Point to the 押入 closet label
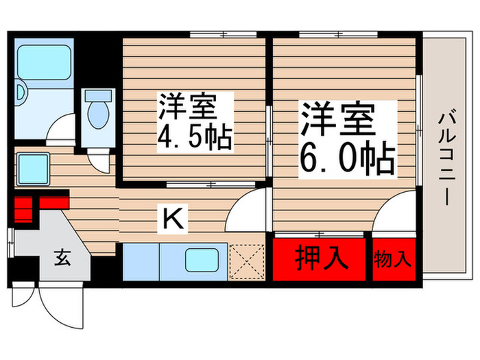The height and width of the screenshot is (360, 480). [x=320, y=259]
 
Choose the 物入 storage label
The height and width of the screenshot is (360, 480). [x=393, y=259]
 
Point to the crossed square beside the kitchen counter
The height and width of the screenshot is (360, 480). [x=247, y=261]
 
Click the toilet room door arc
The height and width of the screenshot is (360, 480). [x=99, y=162]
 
